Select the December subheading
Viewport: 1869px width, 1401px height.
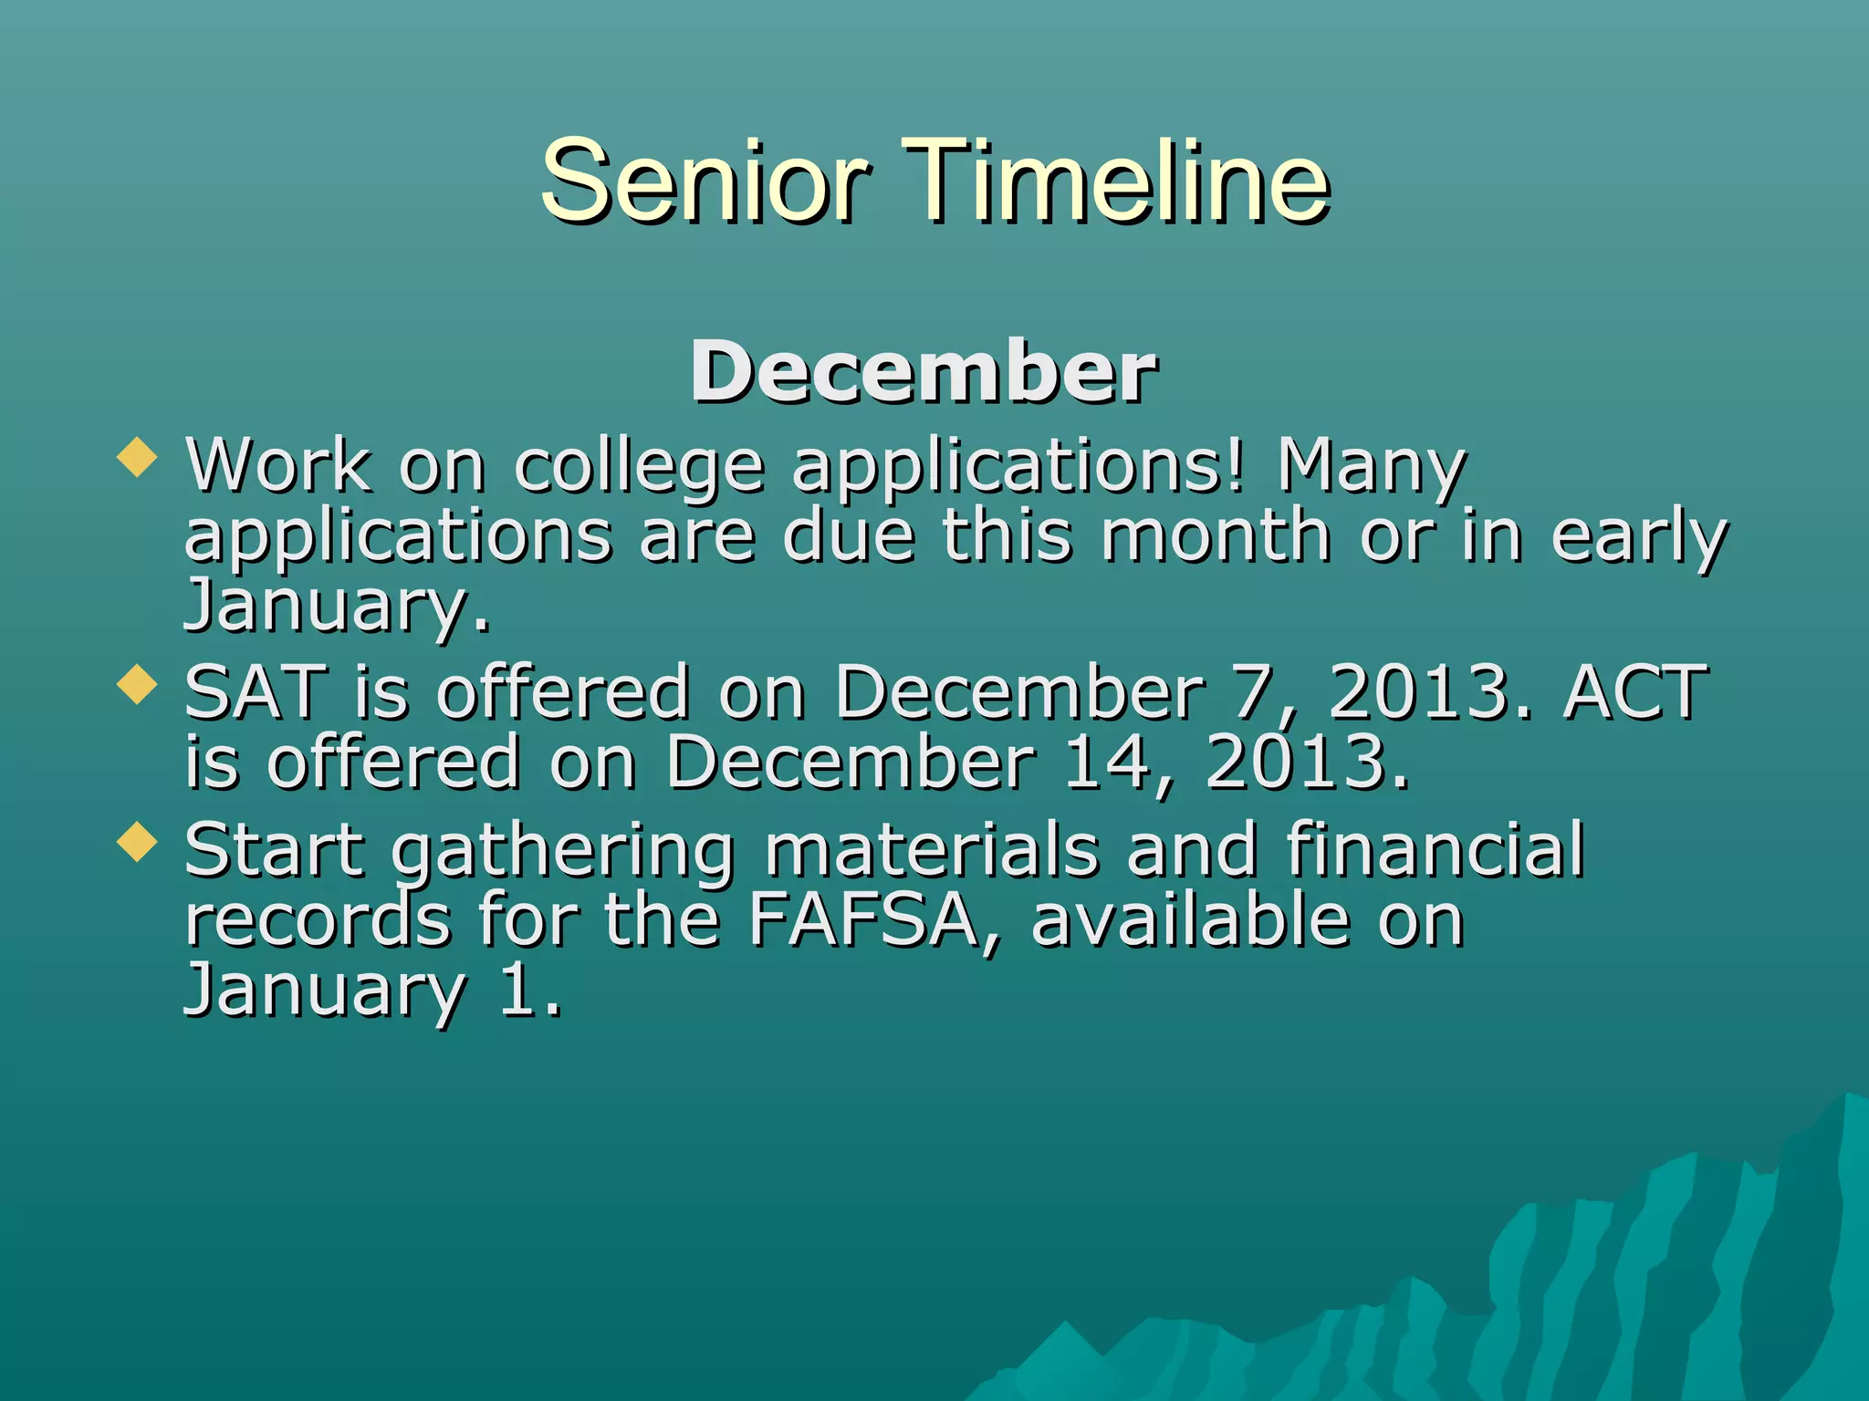(x=924, y=372)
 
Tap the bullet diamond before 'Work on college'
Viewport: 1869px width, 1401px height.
(x=138, y=456)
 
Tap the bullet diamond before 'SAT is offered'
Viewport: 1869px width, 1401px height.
(x=138, y=684)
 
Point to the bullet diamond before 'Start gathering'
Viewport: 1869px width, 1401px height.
(x=138, y=841)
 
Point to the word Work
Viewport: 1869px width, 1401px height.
(x=278, y=465)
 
